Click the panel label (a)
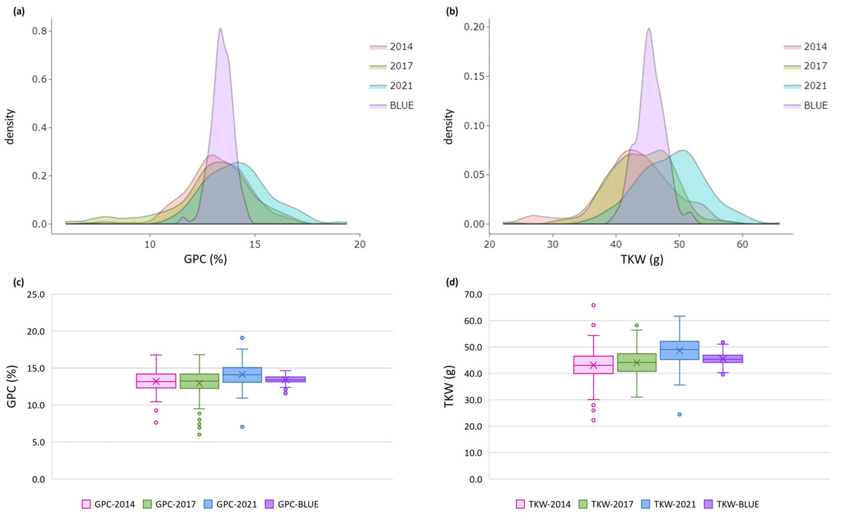(x=19, y=12)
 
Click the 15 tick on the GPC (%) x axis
(x=255, y=244)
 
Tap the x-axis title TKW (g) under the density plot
(x=642, y=259)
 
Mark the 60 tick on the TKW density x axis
(x=743, y=244)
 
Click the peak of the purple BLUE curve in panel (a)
(x=221, y=29)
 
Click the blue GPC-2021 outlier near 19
(x=242, y=338)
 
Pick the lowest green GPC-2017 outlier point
(x=199, y=435)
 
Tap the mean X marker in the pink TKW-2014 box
(x=593, y=365)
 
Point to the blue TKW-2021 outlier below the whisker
(x=679, y=415)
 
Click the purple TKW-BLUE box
(x=722, y=359)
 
